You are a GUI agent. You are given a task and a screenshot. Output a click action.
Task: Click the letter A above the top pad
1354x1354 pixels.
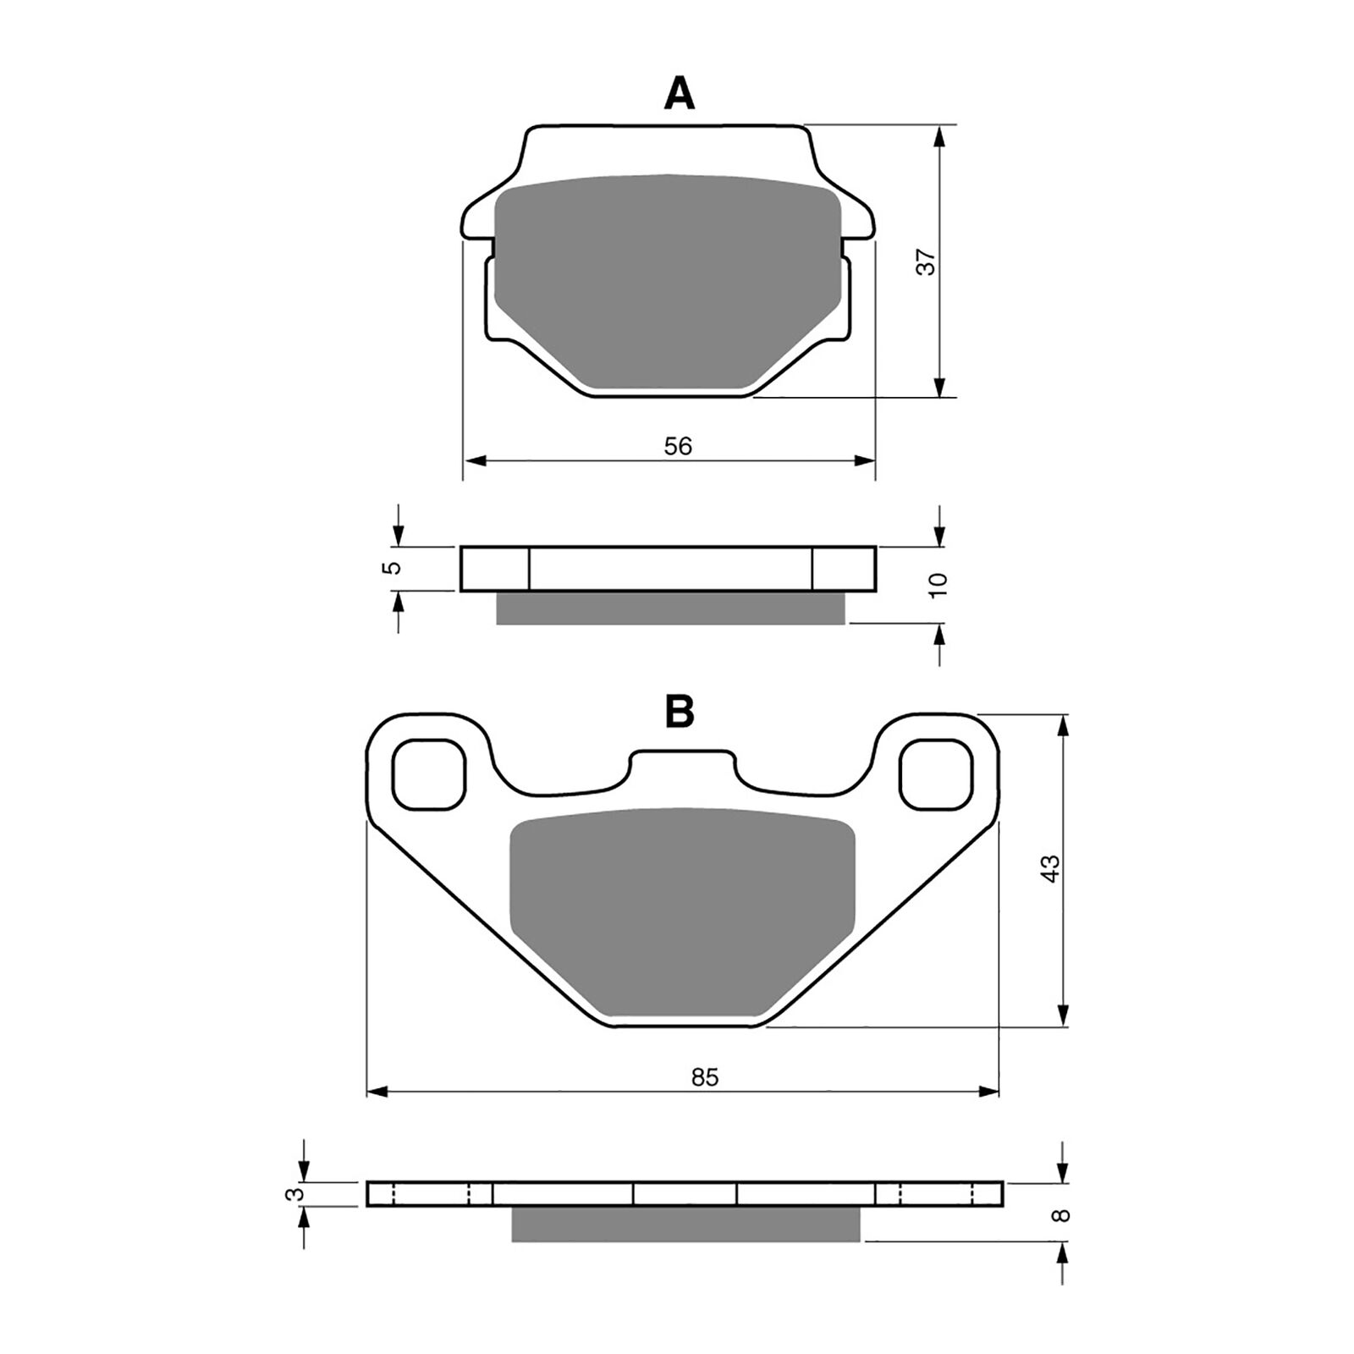point(679,94)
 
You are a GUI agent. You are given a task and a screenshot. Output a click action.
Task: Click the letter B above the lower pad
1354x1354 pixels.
point(680,712)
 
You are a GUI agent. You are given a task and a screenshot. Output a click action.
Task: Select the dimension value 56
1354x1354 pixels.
point(678,445)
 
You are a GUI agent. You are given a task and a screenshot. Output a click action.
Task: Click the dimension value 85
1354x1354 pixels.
point(704,1077)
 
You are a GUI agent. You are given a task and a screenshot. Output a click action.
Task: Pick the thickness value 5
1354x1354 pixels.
point(391,568)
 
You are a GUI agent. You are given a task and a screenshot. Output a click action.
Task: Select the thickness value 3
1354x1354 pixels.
point(294,1194)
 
